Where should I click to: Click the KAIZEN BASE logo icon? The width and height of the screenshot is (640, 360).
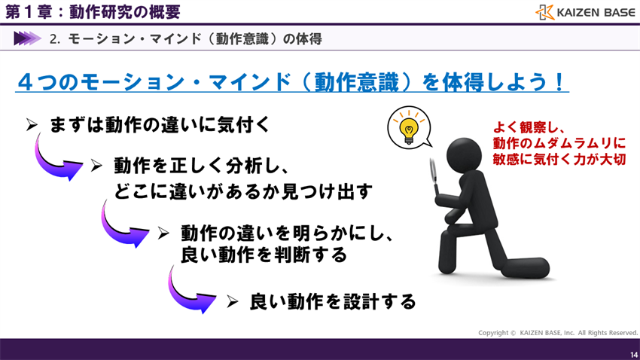544,12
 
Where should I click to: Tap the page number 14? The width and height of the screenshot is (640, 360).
634,355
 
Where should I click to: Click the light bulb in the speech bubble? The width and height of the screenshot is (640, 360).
409,130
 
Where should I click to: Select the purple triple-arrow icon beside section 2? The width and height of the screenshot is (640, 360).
27,38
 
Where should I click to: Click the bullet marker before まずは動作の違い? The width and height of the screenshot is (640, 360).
32,125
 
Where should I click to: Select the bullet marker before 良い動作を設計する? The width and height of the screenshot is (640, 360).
232,302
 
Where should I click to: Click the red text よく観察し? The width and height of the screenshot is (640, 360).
529,127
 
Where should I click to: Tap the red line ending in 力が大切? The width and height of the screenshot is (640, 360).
559,159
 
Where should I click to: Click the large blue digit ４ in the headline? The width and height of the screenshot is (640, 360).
26,81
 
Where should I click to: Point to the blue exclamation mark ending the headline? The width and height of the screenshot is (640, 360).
559,81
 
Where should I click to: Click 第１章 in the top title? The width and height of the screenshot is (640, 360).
28,12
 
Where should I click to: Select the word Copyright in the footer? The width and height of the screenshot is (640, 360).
493,333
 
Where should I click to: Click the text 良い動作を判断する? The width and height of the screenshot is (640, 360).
264,255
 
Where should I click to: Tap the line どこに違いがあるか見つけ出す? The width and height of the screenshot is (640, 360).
243,191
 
